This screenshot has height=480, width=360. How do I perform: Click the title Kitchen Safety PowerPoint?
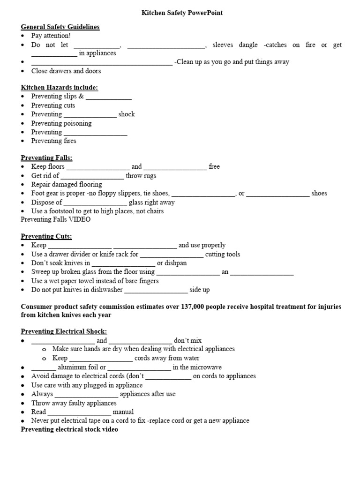(x=182, y=13)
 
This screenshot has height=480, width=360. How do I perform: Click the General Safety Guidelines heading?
(x=60, y=27)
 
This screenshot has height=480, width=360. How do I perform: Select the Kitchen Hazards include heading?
(x=59, y=87)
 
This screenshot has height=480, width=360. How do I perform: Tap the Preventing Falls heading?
(x=46, y=157)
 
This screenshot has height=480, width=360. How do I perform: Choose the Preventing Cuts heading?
(x=46, y=236)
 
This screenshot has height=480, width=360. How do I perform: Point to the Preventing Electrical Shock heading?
(x=64, y=331)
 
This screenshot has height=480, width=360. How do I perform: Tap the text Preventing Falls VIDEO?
(x=56, y=219)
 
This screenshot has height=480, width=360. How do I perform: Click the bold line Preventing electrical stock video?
(x=69, y=429)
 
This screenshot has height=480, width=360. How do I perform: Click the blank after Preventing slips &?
(x=109, y=97)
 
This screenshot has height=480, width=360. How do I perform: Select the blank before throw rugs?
(x=92, y=176)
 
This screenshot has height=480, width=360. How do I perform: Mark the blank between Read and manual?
(x=79, y=412)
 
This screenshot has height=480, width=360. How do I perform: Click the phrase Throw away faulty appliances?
(x=74, y=403)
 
